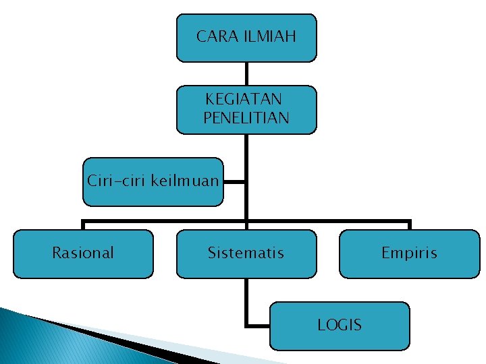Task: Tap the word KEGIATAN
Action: click(244, 100)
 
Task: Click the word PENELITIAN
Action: click(246, 118)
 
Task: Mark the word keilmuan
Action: click(185, 181)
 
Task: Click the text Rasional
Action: click(83, 253)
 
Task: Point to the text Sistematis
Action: click(246, 253)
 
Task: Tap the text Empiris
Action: click(409, 253)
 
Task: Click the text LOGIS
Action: click(340, 325)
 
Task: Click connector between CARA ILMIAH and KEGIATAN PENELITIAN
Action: click(246, 73)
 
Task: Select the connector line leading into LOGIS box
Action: click(257, 325)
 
